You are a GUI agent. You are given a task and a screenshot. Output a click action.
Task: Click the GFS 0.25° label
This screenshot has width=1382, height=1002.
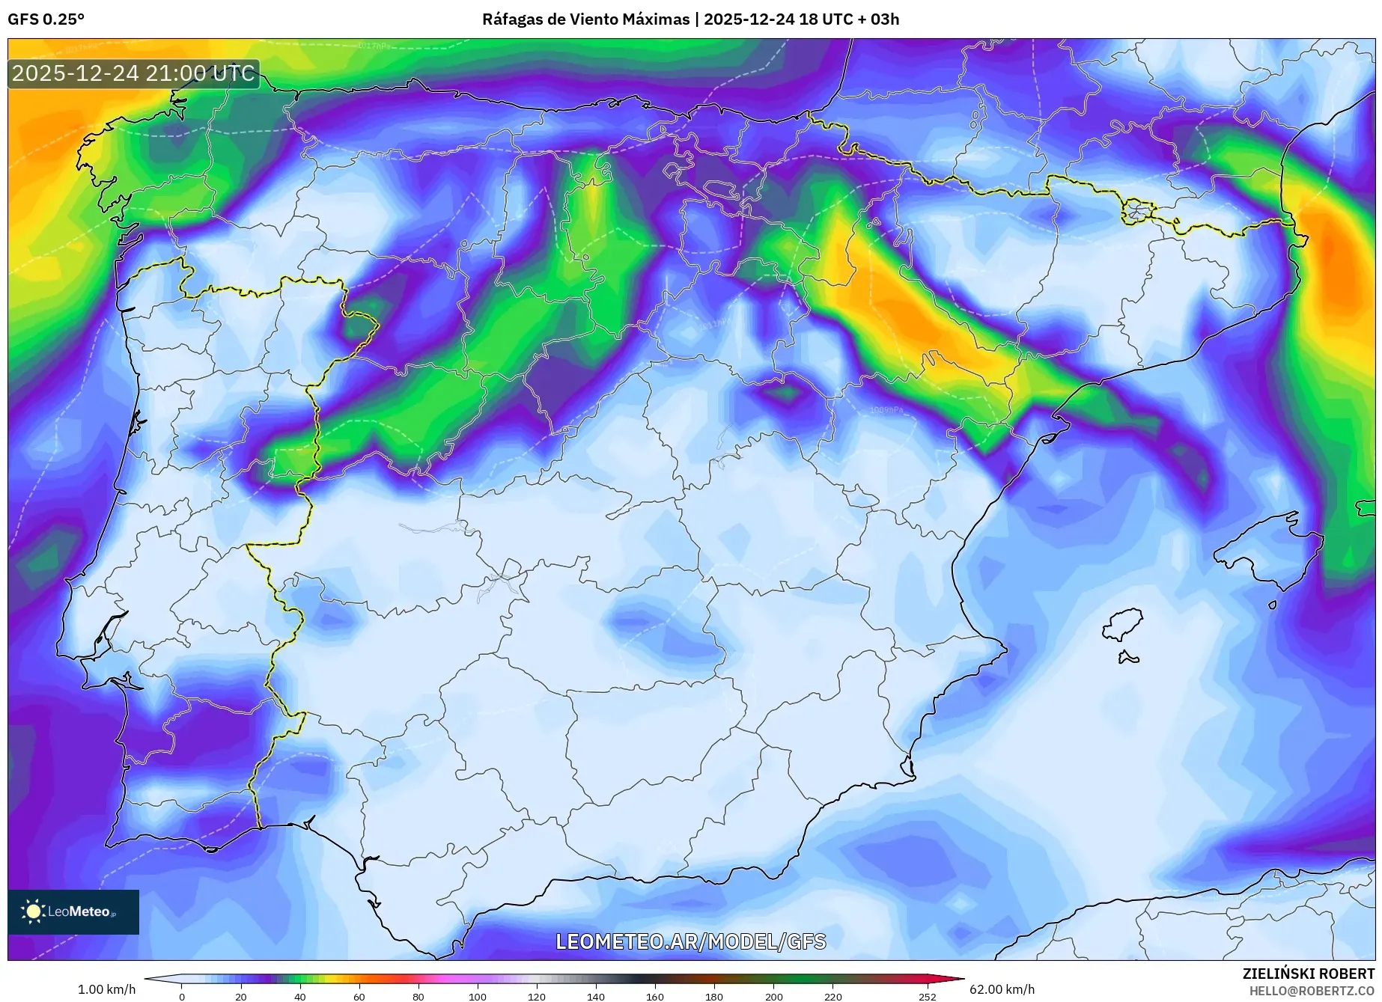(x=46, y=19)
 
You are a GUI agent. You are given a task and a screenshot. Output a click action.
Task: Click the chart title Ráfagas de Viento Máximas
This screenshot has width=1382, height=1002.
(x=586, y=19)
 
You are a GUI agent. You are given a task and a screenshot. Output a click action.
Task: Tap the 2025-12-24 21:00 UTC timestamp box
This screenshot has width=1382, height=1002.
(x=133, y=73)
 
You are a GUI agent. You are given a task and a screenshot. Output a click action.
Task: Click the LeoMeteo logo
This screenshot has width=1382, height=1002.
(x=73, y=911)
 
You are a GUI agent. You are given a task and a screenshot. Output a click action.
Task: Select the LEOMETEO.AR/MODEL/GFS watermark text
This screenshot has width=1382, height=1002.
(x=690, y=941)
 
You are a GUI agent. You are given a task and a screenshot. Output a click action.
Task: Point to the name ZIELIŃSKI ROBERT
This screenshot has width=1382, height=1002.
(x=1308, y=974)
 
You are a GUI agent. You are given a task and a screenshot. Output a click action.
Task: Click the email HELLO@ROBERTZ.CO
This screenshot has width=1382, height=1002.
(x=1312, y=991)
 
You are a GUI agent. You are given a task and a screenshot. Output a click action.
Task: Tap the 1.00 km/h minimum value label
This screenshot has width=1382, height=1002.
(x=107, y=989)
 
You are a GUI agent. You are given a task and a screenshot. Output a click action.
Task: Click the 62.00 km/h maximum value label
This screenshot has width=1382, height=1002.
(x=1002, y=989)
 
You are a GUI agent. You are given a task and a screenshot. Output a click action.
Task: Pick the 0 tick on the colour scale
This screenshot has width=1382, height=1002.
(x=181, y=996)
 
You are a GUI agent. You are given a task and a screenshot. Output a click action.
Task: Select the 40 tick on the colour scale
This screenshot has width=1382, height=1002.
(x=299, y=996)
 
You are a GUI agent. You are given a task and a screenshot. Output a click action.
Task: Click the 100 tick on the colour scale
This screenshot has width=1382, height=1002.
(x=478, y=996)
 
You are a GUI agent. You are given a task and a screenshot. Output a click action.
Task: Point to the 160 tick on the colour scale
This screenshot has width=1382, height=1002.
(x=655, y=996)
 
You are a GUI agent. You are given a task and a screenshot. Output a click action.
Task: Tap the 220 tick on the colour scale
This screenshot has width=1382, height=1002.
(x=832, y=996)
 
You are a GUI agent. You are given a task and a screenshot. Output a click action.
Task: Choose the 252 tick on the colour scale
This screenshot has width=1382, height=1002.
(x=928, y=996)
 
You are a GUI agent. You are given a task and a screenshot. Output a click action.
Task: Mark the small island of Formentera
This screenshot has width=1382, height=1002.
(x=1127, y=658)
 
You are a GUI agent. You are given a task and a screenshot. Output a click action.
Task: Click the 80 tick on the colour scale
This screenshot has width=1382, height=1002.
(x=418, y=996)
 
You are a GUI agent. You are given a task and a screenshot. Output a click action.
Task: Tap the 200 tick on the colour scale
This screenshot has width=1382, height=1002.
(x=773, y=996)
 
